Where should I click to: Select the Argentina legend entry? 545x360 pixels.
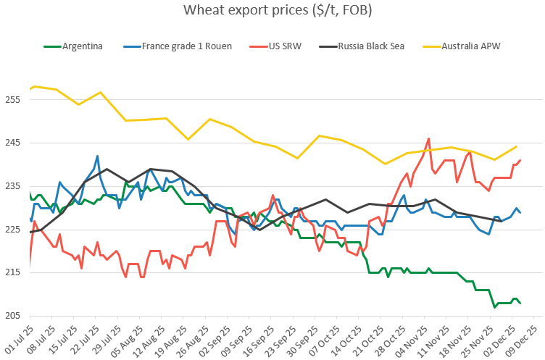tap(82, 46)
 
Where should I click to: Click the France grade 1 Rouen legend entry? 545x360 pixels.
tap(187, 46)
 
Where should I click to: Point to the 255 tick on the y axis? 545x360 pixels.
tap(15, 99)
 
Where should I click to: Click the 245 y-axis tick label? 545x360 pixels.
tap(15, 143)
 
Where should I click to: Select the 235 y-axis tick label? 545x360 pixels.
tap(15, 186)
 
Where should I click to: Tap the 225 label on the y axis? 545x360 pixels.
tap(15, 230)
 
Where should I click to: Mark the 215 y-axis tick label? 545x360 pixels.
tap(15, 273)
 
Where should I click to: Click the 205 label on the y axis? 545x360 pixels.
tap(15, 317)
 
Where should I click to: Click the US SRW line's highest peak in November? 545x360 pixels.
tap(429, 138)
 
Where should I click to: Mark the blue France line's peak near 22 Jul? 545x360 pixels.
tap(97, 156)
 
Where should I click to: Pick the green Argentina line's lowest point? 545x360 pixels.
tap(495, 307)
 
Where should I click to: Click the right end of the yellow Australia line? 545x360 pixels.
tap(517, 146)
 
